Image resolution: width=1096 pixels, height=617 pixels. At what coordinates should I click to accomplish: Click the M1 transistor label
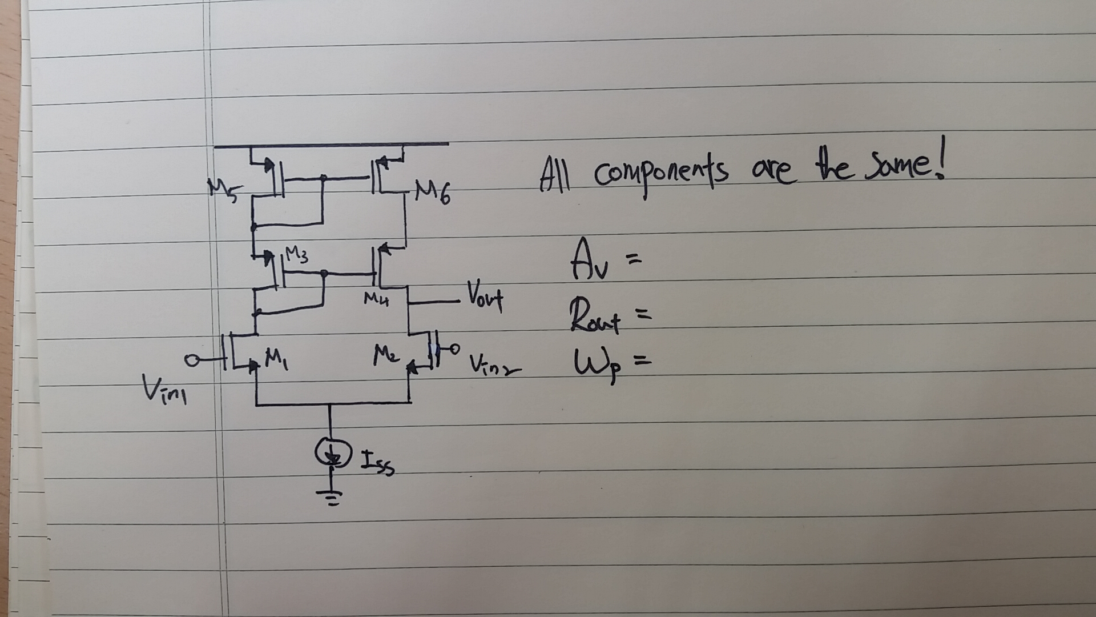(x=276, y=360)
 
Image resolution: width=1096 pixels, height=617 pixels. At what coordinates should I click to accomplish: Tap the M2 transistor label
(x=386, y=355)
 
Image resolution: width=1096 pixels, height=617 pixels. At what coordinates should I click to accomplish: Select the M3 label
(x=296, y=255)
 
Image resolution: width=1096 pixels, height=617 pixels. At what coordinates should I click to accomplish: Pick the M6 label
(x=433, y=193)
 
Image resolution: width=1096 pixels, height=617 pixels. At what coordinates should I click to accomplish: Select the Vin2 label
(x=494, y=365)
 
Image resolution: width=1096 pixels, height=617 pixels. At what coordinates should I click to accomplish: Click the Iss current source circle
(x=331, y=454)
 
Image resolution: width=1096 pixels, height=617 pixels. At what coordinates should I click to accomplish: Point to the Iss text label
(x=377, y=462)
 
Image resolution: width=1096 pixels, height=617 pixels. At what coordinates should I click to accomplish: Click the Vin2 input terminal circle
(x=454, y=347)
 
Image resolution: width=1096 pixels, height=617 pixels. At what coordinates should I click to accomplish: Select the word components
(x=661, y=174)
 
